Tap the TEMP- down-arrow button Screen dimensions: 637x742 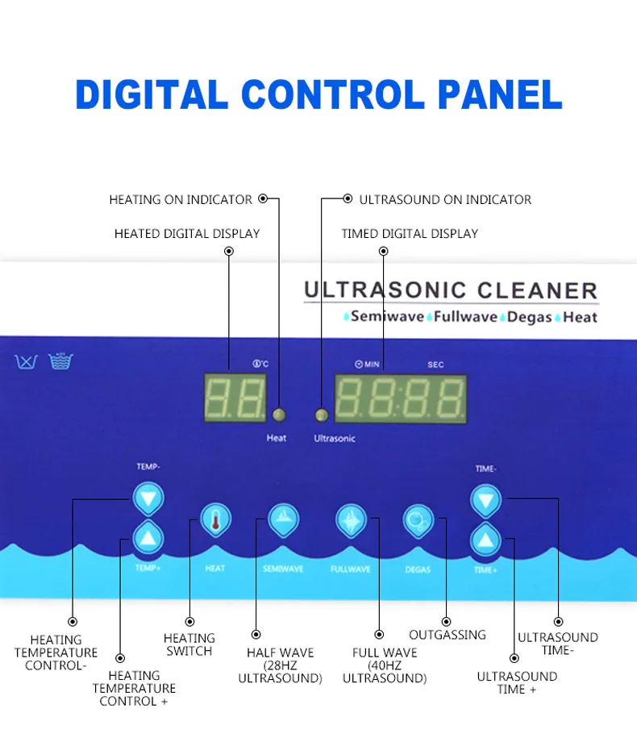148,498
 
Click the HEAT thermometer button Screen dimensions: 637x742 215,520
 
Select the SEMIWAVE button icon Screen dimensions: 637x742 283,520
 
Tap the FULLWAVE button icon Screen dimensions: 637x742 351,521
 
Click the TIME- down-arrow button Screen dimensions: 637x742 485,501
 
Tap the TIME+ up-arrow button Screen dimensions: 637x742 485,539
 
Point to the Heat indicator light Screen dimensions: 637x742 279,415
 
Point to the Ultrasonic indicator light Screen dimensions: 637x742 322,415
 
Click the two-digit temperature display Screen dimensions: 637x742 235,398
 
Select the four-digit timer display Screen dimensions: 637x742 401,399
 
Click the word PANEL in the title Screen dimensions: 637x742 500,94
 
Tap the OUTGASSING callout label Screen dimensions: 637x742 448,635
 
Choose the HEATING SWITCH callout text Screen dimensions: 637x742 189,644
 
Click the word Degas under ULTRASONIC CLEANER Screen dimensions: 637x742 529,317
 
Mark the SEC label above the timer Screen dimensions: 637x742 435,365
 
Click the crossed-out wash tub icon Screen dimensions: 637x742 26,362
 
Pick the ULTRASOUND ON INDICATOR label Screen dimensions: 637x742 445,200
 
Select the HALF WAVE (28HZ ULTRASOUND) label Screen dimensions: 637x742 280,665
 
